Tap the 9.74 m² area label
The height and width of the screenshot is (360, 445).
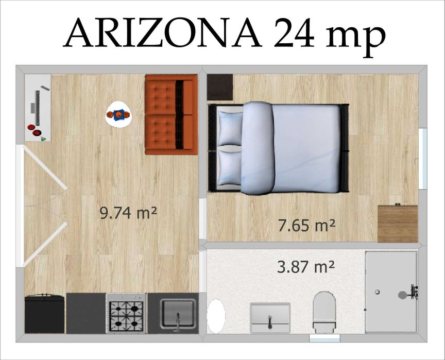point(128,213)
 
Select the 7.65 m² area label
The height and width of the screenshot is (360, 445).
point(306,225)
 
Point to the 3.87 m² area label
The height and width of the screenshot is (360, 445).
point(306,267)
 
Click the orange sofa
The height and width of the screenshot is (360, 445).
point(171,114)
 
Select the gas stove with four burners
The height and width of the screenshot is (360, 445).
point(126,313)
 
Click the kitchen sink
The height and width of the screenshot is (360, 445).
point(178,313)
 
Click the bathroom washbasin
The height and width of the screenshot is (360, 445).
point(270,317)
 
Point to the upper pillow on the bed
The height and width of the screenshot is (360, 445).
point(230,129)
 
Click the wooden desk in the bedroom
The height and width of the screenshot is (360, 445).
point(397,224)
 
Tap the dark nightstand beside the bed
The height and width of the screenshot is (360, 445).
point(220,87)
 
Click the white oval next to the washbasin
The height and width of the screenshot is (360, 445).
point(216,315)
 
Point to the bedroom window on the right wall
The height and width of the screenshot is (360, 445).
point(422,159)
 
